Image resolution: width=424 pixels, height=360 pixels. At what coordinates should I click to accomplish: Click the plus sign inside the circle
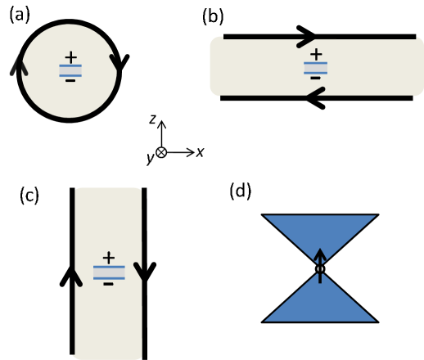coord(70,57)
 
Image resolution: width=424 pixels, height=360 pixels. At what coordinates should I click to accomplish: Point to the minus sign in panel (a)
coord(70,80)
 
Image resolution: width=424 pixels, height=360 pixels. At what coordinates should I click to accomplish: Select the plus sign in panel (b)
coord(316,55)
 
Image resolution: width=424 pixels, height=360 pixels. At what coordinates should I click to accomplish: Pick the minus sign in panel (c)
coord(108,284)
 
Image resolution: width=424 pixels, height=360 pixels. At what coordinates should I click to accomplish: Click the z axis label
coord(152,119)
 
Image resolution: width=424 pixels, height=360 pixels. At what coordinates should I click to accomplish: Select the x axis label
coord(200,151)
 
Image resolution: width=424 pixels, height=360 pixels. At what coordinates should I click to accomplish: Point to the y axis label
coord(150,158)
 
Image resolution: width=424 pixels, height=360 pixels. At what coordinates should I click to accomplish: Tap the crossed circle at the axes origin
coord(161,152)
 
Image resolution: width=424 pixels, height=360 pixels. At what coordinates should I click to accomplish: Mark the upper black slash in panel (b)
coord(305,41)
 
